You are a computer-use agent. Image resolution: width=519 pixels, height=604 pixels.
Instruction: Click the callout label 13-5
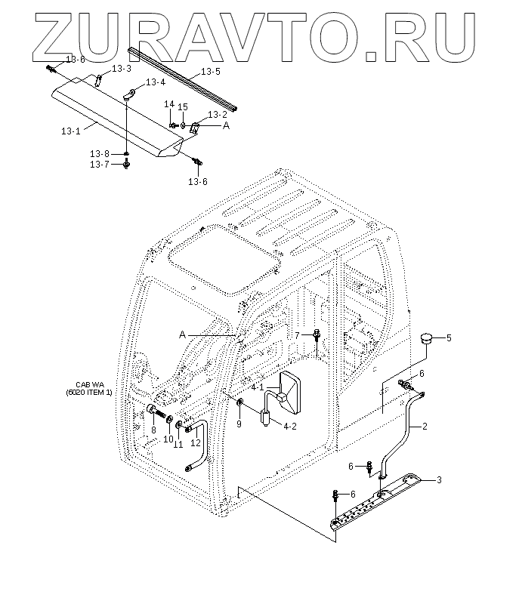pyautogui.click(x=211, y=73)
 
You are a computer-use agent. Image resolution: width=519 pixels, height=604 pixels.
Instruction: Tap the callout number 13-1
pyautogui.click(x=70, y=131)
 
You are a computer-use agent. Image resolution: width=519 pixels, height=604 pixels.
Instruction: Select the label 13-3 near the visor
pyautogui.click(x=122, y=68)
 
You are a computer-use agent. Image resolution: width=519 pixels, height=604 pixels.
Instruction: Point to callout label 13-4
pyautogui.click(x=156, y=82)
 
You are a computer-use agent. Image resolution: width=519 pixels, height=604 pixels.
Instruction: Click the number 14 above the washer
pyautogui.click(x=170, y=105)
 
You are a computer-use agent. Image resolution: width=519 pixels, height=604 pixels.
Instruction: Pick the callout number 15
pyautogui.click(x=183, y=107)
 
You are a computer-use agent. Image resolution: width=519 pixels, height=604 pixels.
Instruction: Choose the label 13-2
pyautogui.click(x=218, y=114)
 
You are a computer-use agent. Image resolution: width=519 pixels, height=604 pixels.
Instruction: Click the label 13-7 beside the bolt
pyautogui.click(x=100, y=164)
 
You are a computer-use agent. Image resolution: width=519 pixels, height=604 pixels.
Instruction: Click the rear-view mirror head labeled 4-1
pyautogui.click(x=289, y=393)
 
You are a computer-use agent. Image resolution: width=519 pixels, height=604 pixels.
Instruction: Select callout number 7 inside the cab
pyautogui.click(x=297, y=334)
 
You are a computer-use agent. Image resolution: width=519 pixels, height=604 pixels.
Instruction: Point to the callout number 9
pyautogui.click(x=239, y=424)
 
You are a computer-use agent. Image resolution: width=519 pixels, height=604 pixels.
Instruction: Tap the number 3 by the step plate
pyautogui.click(x=440, y=479)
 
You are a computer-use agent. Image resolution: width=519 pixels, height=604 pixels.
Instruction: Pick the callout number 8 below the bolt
pyautogui.click(x=153, y=430)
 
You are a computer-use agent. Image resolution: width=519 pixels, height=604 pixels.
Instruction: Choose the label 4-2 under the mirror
pyautogui.click(x=290, y=426)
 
